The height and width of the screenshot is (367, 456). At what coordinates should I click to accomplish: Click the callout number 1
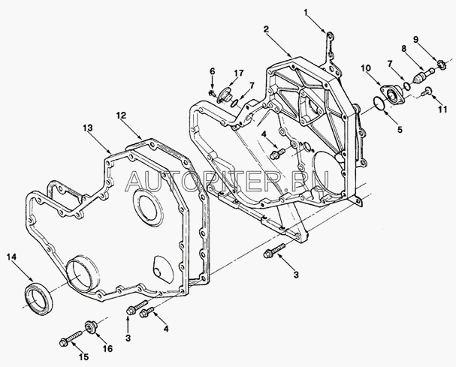coord(306,13)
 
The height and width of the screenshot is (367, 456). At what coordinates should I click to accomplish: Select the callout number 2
coord(267,29)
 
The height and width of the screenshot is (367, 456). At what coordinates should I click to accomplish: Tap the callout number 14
coord(12,257)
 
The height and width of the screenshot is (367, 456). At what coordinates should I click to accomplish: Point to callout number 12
coord(121,116)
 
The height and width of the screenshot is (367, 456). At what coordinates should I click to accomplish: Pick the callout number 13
coord(88,128)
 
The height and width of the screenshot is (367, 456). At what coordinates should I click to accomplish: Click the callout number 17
coord(239,73)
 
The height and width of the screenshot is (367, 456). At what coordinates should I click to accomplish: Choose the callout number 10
coord(366,68)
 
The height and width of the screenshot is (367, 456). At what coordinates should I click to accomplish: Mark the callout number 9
coord(416,39)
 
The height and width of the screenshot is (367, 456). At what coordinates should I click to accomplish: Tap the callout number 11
coord(442,110)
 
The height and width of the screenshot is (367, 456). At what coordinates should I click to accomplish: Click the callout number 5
coord(400,130)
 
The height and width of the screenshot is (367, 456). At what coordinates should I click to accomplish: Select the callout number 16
coord(108,348)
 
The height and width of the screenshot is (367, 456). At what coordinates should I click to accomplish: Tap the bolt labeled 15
coord(71,338)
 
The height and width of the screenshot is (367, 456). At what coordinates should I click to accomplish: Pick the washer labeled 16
coord(91,327)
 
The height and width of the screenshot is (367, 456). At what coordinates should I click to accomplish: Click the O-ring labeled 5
coord(379,104)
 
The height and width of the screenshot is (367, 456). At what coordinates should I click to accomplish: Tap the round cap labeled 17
coord(224,95)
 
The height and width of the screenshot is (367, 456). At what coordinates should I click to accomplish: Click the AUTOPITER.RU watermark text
coord(228,181)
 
